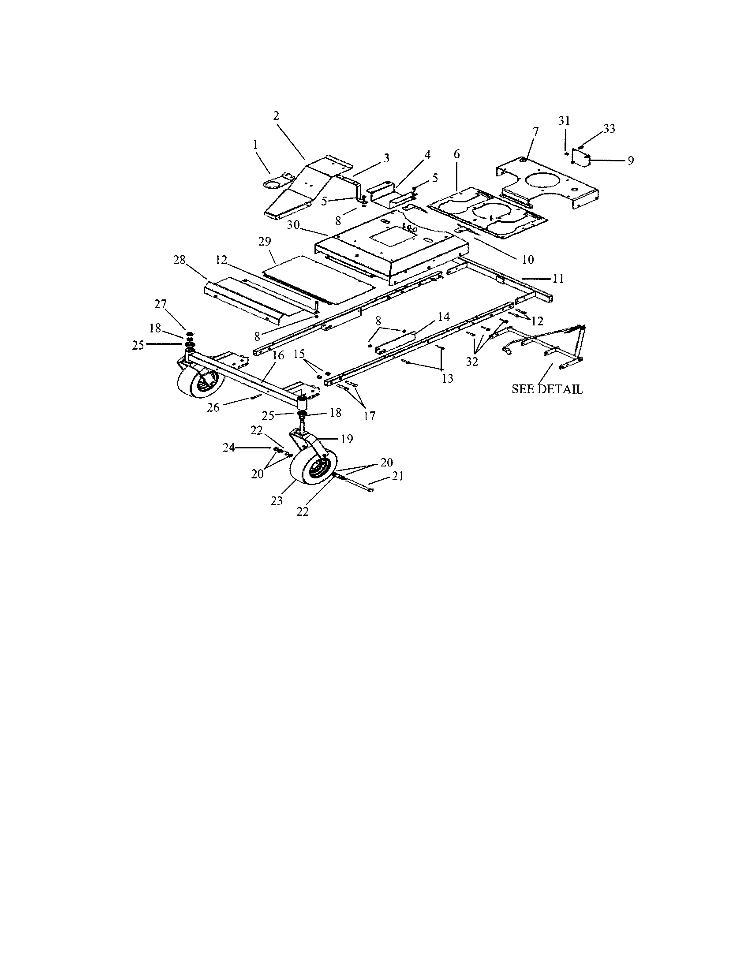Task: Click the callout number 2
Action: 276,116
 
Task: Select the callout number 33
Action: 609,129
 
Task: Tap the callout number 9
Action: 631,160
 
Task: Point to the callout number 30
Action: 293,225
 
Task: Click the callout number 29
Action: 265,242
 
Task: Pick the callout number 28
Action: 180,260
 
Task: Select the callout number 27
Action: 160,304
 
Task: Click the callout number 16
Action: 277,355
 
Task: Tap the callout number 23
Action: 277,501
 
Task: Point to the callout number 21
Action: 398,476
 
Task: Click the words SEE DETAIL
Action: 547,389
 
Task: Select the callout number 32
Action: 472,362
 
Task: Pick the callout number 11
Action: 558,279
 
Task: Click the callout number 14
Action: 444,317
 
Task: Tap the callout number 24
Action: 229,448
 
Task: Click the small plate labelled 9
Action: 580,158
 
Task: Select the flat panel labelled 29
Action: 319,279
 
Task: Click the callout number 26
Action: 213,407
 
